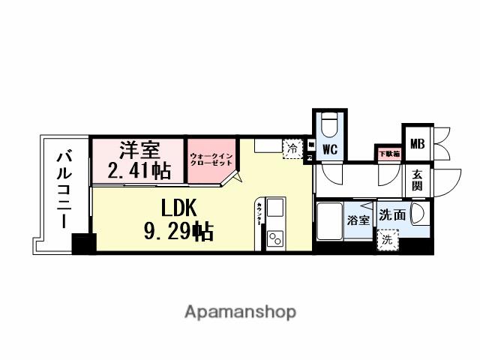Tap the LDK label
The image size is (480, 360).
pyautogui.click(x=178, y=207)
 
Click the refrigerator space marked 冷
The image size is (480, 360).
pyautogui.click(x=292, y=148)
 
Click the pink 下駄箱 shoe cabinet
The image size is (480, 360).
pyautogui.click(x=388, y=154)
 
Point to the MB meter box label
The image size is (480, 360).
pyautogui.click(x=416, y=143)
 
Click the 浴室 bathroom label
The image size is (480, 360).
pyautogui.click(x=358, y=220)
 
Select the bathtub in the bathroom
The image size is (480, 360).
pyautogui.click(x=331, y=222)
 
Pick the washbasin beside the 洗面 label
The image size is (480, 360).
pyautogui.click(x=421, y=215)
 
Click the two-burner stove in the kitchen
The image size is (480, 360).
pyautogui.click(x=274, y=239)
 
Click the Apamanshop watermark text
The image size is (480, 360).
pyautogui.click(x=240, y=310)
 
